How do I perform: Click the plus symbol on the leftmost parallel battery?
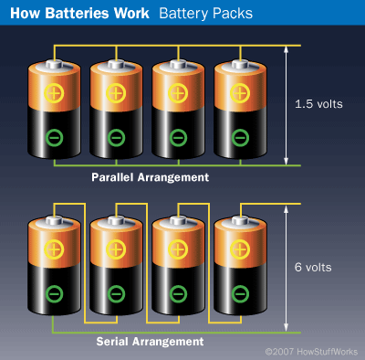click(54, 93)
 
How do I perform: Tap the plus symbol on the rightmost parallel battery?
click(239, 93)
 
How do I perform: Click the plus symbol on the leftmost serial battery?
click(54, 249)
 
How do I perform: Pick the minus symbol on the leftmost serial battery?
click(54, 294)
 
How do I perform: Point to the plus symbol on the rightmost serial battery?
click(239, 249)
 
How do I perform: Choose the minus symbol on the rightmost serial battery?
click(239, 294)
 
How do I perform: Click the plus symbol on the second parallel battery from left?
click(116, 93)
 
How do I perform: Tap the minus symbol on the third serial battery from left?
click(178, 294)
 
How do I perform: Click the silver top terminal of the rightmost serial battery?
click(239, 219)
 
